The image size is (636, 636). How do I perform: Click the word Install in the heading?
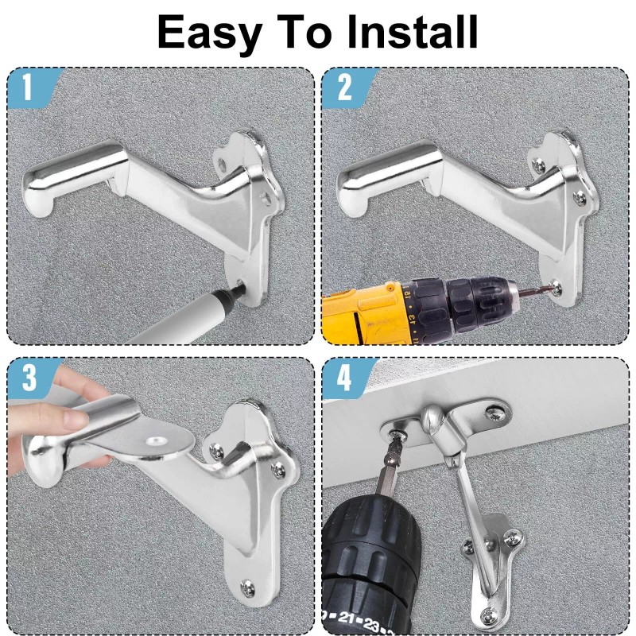click(x=412, y=32)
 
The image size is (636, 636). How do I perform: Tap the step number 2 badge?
click(x=344, y=87)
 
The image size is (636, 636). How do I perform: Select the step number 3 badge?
click(x=29, y=378)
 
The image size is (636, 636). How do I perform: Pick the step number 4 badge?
click(x=344, y=378)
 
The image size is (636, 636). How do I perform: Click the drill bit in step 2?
click(x=533, y=290)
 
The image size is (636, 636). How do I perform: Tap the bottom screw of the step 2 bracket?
click(x=556, y=289)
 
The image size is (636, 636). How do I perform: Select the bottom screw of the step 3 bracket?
click(x=247, y=588)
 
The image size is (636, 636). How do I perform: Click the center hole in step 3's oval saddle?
click(x=155, y=441)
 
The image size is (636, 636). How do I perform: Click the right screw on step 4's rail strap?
click(x=496, y=413)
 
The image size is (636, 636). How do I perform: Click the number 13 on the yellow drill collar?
click(x=411, y=320)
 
